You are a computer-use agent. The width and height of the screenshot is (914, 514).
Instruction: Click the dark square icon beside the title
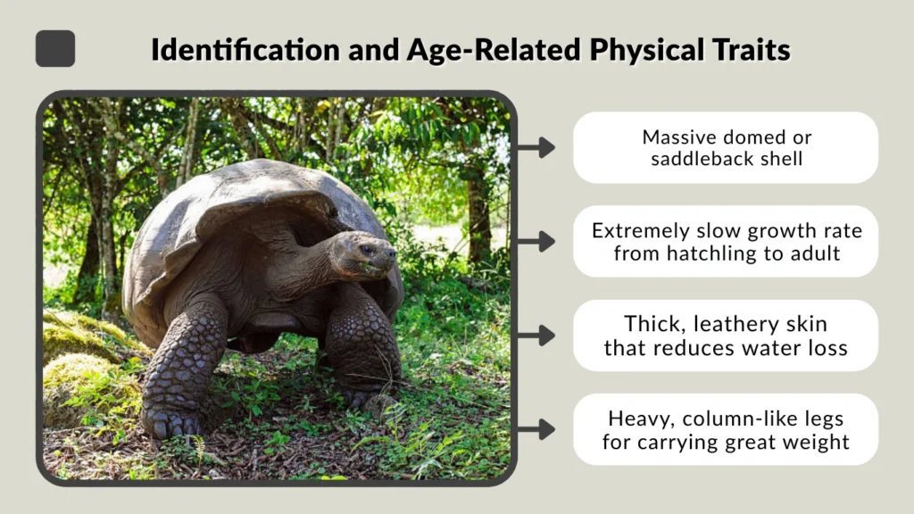click(55, 48)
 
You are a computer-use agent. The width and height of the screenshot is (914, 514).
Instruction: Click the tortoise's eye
click(367, 250)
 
